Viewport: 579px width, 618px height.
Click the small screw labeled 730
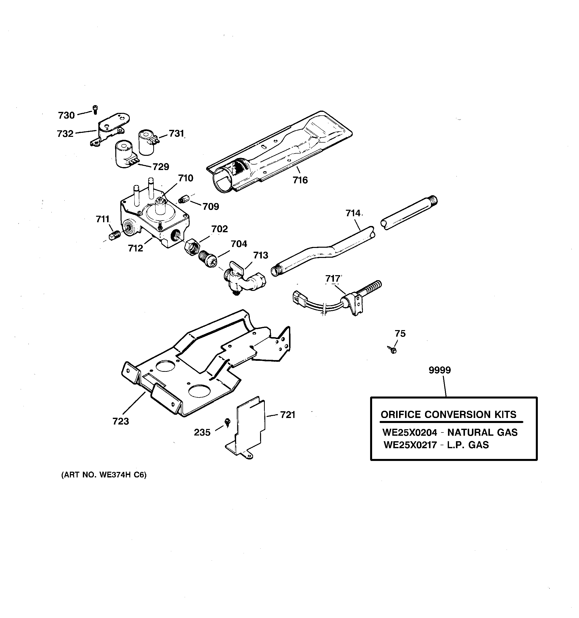95,109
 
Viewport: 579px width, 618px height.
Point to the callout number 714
353,213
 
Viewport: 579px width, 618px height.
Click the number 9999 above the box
439,370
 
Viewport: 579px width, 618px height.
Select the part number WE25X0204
409,432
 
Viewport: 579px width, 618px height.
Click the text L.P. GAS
468,445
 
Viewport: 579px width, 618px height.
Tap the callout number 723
121,421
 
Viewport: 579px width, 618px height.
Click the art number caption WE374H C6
104,475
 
